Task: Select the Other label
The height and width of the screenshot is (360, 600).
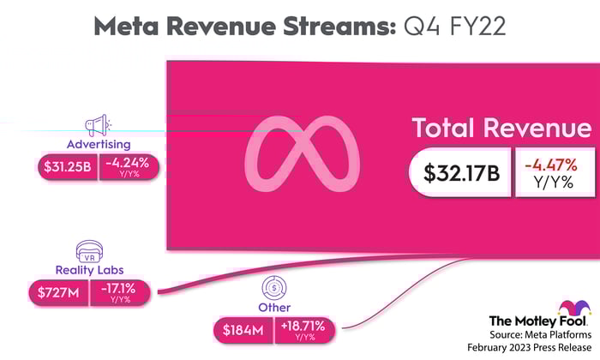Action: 274,307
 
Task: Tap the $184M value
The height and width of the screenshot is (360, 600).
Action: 243,328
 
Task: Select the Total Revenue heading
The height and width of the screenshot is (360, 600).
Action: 501,129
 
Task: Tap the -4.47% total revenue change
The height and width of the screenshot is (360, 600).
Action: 553,163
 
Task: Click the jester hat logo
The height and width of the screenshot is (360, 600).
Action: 574,309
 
